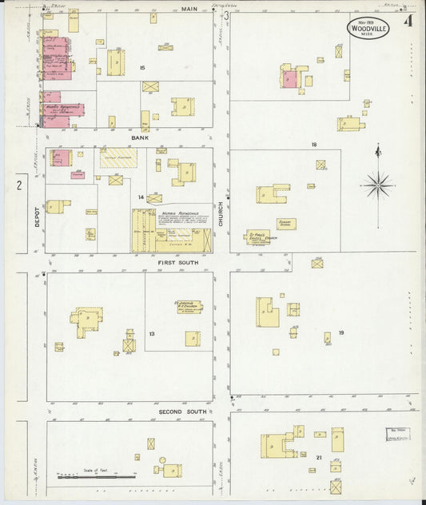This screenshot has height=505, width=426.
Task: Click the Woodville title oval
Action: click(368, 29)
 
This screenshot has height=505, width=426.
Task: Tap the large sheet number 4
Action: click(408, 22)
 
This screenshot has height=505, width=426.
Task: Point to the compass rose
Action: click(378, 185)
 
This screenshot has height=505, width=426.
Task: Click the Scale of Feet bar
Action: click(96, 477)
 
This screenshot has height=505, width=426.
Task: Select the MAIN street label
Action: click(189, 9)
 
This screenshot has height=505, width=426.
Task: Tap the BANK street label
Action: click(140, 137)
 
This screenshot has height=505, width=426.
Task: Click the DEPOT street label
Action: click(37, 217)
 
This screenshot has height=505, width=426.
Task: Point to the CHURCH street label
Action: click(221, 213)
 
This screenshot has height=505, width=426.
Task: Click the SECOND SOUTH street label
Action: click(182, 412)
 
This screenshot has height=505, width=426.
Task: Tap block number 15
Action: click(142, 68)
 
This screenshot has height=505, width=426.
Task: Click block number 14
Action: click(141, 197)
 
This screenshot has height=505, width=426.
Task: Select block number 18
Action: click(315, 145)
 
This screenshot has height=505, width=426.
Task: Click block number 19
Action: click(340, 332)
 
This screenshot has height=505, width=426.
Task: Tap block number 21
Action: click(318, 456)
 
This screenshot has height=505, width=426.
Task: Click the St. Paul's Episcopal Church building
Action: click(257, 237)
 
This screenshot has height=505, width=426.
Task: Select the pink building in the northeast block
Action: click(289, 79)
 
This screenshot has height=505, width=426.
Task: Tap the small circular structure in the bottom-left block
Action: click(162, 461)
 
